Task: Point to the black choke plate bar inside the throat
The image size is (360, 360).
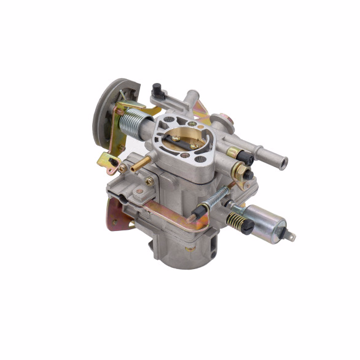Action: tap(183, 138)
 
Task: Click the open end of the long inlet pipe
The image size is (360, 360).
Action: tap(282, 163)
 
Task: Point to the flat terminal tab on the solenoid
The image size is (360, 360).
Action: tap(291, 235)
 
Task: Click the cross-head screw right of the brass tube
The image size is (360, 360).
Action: tap(149, 181)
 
